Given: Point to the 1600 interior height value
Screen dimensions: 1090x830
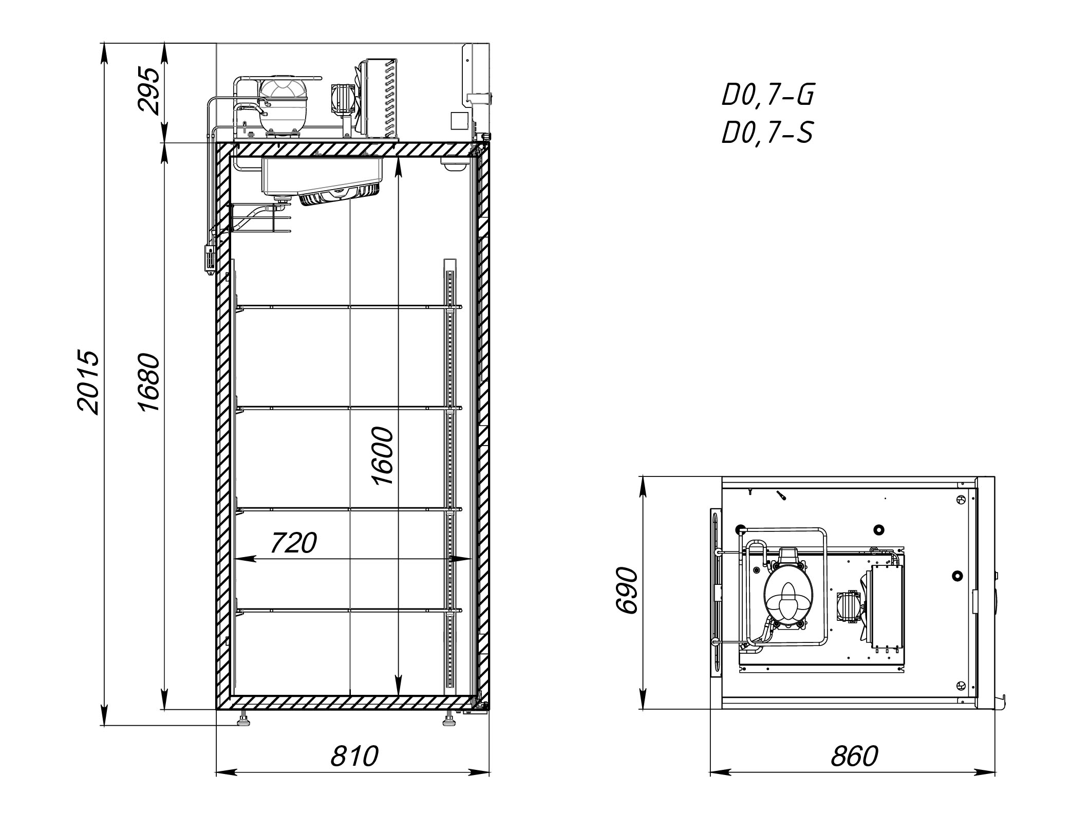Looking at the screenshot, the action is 383,455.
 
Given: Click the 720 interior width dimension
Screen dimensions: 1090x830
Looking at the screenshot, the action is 293,543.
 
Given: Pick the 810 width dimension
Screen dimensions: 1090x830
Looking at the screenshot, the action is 354,756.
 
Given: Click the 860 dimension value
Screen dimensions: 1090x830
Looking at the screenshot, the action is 854,756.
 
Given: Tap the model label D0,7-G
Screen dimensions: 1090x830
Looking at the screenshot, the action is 768,95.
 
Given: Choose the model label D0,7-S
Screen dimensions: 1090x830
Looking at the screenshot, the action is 767,133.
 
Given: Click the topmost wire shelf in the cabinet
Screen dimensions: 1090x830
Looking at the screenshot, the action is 349,307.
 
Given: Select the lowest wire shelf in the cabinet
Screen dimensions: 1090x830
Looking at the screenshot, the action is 349,610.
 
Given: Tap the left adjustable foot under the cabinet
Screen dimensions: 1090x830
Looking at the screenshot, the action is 243,720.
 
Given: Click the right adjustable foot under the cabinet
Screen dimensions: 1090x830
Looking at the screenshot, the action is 449,720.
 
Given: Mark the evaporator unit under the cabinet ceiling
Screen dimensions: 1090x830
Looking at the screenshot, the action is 323,180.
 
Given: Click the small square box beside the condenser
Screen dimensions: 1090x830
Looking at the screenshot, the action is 460,121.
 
